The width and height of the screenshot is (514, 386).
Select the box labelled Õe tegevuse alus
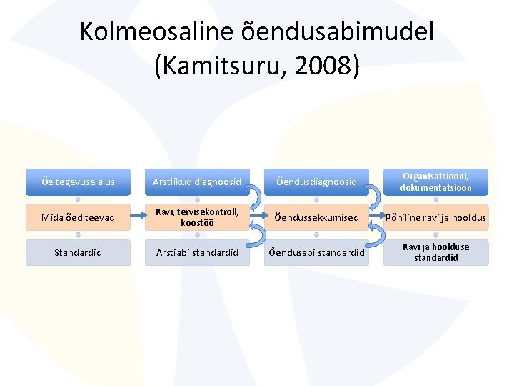point(78,182)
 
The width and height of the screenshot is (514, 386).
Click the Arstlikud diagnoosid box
point(196,182)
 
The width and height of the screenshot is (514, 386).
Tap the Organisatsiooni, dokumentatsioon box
point(435,182)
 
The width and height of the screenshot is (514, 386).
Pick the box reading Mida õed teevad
point(78,217)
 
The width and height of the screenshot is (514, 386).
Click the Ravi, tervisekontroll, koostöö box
point(196,217)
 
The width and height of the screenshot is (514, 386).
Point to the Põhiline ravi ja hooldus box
point(435,217)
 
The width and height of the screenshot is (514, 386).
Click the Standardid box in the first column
point(78,252)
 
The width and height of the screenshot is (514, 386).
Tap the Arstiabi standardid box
point(196,252)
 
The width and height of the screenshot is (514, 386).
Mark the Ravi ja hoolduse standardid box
point(435,252)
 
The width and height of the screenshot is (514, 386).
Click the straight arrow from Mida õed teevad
point(138,217)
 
